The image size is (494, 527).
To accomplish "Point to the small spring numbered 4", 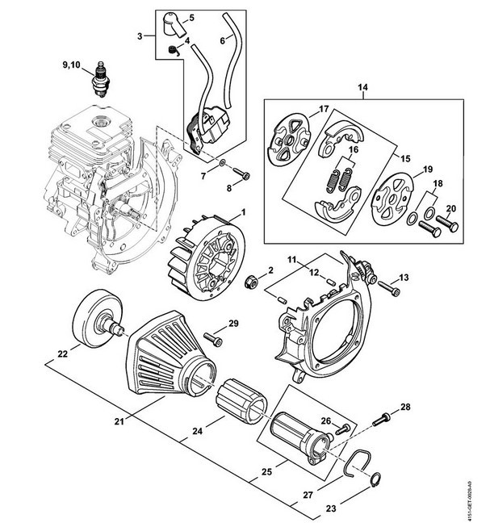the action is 174,51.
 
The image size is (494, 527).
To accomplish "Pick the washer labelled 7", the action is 222,163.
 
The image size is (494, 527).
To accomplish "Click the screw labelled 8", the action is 242,174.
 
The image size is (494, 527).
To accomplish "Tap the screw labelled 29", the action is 213,339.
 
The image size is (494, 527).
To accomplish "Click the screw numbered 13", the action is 390,289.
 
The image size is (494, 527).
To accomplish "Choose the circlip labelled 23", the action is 376,479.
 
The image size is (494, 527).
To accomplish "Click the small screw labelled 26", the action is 343,429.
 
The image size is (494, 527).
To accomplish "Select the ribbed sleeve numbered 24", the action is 241,400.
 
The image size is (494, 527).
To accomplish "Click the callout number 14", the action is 363,87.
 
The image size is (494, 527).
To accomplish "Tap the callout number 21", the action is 119,420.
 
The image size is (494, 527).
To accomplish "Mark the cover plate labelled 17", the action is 288,139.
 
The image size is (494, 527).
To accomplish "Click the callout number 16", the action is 354,149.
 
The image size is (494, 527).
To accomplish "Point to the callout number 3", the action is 140,36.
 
